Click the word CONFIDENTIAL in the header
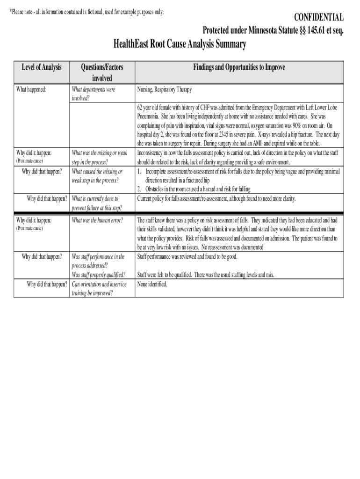318,18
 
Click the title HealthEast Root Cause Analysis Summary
180,44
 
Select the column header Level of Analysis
42,67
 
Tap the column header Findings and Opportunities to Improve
239,67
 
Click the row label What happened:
31,89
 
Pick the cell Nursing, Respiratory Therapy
164,89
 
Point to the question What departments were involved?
93,93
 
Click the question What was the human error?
97,220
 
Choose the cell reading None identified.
152,284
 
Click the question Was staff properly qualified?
98,275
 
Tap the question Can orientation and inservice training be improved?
99,289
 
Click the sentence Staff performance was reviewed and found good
187,257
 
